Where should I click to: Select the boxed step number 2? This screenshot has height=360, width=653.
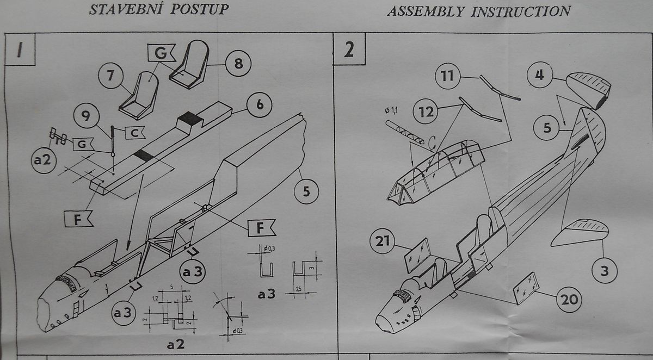pos(349,49)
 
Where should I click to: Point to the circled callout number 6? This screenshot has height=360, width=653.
pos(260,104)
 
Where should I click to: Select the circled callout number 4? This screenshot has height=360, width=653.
pos(540,75)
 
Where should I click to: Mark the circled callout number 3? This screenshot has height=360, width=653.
pos(603,270)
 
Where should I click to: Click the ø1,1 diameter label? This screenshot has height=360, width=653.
pos(391,111)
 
